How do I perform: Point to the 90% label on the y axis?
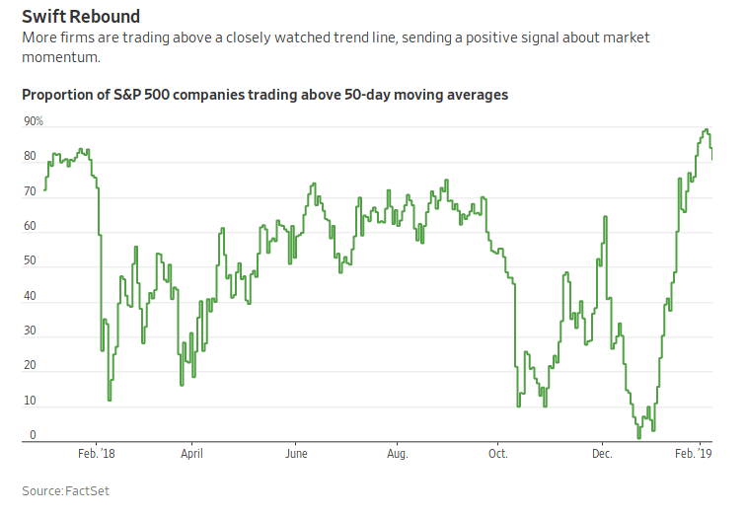[35, 121]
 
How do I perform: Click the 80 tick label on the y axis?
[31, 156]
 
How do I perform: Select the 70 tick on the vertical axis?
[31, 191]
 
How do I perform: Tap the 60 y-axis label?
[31, 226]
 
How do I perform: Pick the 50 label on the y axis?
[31, 261]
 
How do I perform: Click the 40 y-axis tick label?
[31, 296]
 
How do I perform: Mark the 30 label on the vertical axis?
[31, 331]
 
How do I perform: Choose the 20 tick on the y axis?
[31, 366]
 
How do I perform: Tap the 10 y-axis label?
[31, 401]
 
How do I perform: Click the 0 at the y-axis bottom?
[34, 435]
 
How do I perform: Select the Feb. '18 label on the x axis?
[96, 454]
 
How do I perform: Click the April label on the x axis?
[191, 454]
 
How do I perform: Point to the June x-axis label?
[296, 454]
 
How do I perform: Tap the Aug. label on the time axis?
[397, 454]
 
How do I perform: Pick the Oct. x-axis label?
[497, 454]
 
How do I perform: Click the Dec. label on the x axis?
[602, 454]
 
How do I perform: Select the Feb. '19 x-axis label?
[694, 454]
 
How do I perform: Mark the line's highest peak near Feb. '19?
[706, 130]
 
